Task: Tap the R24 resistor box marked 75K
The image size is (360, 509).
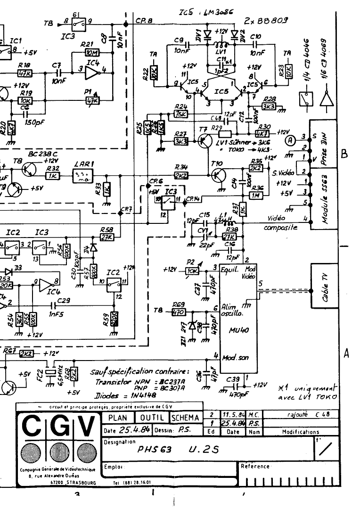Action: click(x=180, y=114)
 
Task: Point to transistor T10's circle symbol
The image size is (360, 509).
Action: click(x=218, y=175)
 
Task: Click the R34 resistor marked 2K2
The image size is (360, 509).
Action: click(x=181, y=175)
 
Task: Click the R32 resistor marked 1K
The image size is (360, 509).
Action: click(x=52, y=175)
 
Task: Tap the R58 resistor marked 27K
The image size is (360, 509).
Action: click(x=106, y=237)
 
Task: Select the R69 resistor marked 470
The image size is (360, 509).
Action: click(x=179, y=312)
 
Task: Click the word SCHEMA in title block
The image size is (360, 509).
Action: click(x=186, y=418)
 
